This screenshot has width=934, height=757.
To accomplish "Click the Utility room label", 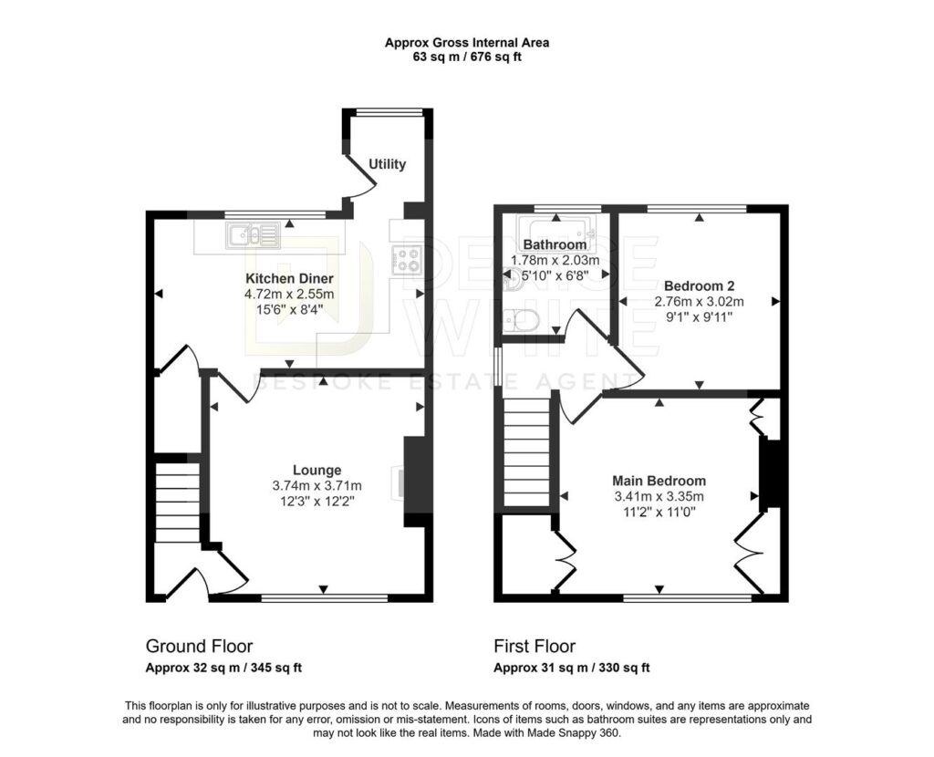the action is pyautogui.click(x=387, y=164).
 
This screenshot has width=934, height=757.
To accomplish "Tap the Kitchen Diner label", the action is pyautogui.click(x=289, y=278).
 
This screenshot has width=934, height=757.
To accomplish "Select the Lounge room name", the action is pyautogui.click(x=317, y=471).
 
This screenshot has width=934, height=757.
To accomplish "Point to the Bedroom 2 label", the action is pyautogui.click(x=700, y=285).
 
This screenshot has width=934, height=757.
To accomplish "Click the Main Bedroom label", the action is pyautogui.click(x=659, y=481).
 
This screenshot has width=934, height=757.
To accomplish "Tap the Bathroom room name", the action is pyautogui.click(x=555, y=244).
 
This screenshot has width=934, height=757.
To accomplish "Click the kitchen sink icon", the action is pyautogui.click(x=253, y=235).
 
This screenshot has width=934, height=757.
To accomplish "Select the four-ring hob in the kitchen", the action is pyautogui.click(x=408, y=260).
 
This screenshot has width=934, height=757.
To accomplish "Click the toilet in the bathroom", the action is pyautogui.click(x=521, y=320).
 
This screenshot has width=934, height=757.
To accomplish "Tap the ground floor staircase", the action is pyautogui.click(x=177, y=503).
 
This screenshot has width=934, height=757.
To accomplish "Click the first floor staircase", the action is pyautogui.click(x=526, y=451).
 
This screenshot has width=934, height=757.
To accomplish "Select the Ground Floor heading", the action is pyautogui.click(x=199, y=647).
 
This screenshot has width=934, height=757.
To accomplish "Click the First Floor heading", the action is pyautogui.click(x=534, y=647).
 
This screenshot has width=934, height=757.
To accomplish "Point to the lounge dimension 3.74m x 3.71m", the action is pyautogui.click(x=317, y=486).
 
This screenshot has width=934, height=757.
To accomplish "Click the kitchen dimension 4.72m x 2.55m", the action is pyautogui.click(x=289, y=295).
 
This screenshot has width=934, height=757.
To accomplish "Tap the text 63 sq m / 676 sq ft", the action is pyautogui.click(x=467, y=57).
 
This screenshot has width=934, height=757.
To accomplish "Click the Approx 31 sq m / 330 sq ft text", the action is pyautogui.click(x=571, y=668).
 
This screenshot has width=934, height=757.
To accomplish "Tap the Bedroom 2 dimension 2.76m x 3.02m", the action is pyautogui.click(x=700, y=301).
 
